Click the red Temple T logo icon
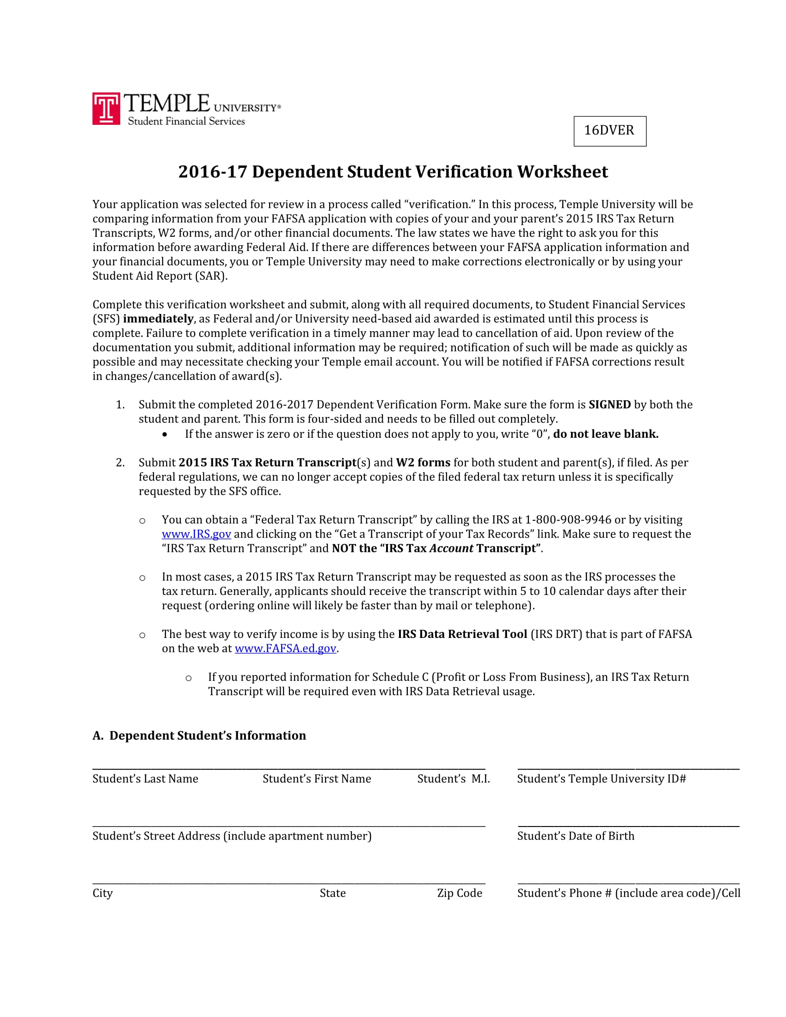[x=106, y=109]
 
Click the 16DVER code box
[x=609, y=131]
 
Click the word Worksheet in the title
[x=562, y=172]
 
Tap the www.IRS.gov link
[x=196, y=534]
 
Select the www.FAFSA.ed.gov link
[x=285, y=649]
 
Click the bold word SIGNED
[x=609, y=404]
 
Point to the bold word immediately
[x=158, y=319]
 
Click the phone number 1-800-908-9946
[x=568, y=520]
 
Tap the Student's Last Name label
[x=145, y=779]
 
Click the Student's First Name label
[x=317, y=779]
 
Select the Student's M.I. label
[x=453, y=779]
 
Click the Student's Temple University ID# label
[x=601, y=779]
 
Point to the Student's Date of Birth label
[x=576, y=836]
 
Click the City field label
[x=103, y=893]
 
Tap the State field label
[x=332, y=893]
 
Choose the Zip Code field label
[x=459, y=893]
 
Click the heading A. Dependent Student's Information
[x=199, y=736]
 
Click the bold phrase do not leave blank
[x=605, y=434]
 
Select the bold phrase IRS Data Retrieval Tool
[x=462, y=634]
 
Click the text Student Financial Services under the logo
[x=186, y=122]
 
